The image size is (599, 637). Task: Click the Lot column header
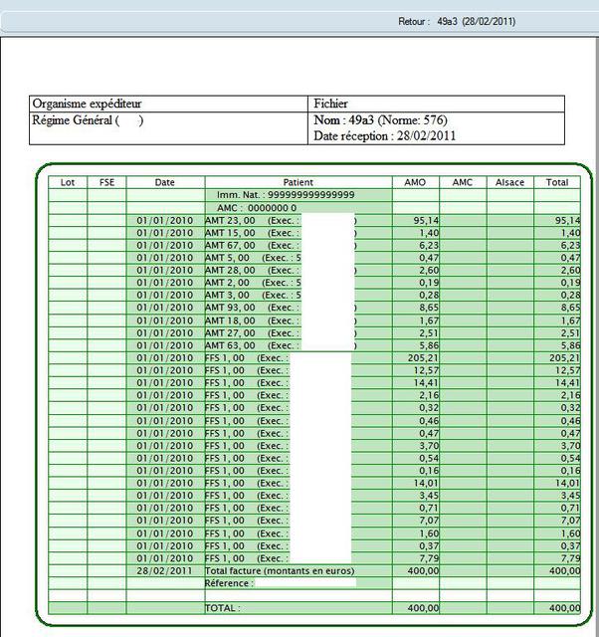tap(68, 182)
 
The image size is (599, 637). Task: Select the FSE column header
tap(106, 182)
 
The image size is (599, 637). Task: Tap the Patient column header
tap(298, 182)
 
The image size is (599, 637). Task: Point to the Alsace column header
tap(509, 182)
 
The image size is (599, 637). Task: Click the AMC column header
tap(463, 182)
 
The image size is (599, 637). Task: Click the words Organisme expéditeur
tap(87, 104)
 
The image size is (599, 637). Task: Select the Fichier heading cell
tap(331, 104)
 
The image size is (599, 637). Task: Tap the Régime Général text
tap(75, 120)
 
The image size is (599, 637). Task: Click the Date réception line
tap(385, 135)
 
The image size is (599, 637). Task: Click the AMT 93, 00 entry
tap(230, 308)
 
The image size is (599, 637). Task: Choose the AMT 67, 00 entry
tap(230, 245)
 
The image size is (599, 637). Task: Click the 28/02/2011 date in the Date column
tap(164, 570)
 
